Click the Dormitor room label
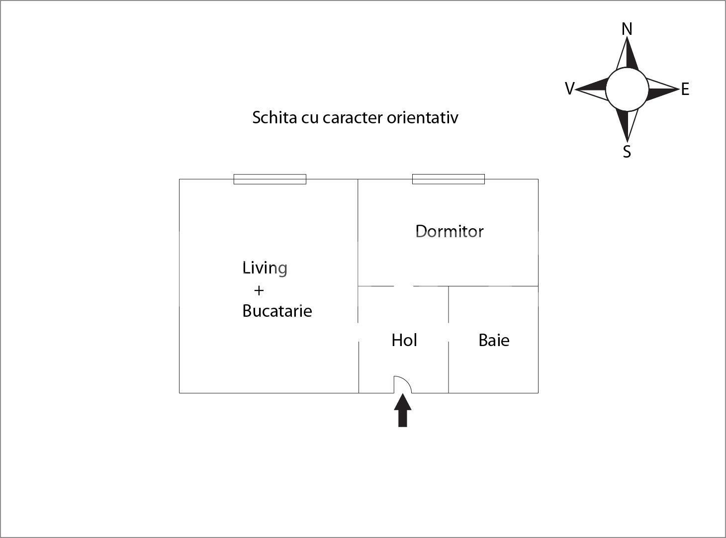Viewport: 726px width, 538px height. tap(450, 232)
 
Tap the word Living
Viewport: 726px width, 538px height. tap(265, 269)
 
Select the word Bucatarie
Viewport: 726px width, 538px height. tap(277, 311)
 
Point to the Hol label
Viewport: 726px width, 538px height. tap(404, 340)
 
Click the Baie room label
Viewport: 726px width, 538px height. tap(494, 340)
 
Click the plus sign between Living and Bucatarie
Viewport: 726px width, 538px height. tap(259, 290)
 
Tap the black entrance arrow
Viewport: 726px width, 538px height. tap(403, 410)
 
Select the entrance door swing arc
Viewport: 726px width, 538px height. tap(403, 384)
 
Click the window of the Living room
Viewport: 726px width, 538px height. tap(270, 179)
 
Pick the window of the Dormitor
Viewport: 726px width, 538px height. tap(449, 179)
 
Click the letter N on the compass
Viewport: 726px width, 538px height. tap(627, 29)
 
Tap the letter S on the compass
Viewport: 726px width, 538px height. tap(627, 152)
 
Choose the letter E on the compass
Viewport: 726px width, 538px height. tap(685, 89)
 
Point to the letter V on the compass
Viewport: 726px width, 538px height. tap(570, 89)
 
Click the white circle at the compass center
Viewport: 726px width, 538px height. tap(627, 89)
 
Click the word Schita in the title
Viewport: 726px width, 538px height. tap(274, 117)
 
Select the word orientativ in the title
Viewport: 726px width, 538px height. tap(422, 117)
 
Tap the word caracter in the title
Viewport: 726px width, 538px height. tap(353, 118)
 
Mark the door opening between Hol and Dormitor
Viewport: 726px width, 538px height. tap(403, 286)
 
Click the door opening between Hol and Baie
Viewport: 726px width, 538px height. tap(449, 332)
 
